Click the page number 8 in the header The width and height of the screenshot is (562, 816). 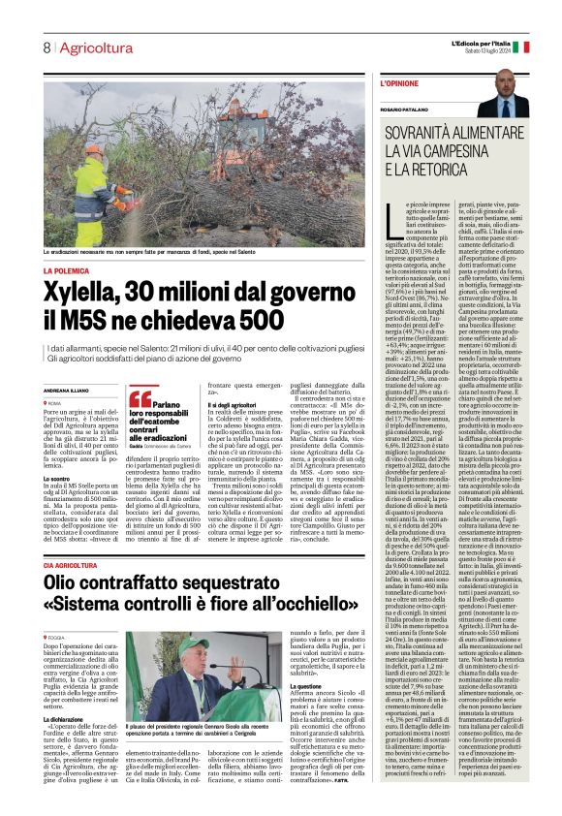click(46, 47)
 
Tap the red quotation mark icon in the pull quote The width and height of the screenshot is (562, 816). click(140, 398)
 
